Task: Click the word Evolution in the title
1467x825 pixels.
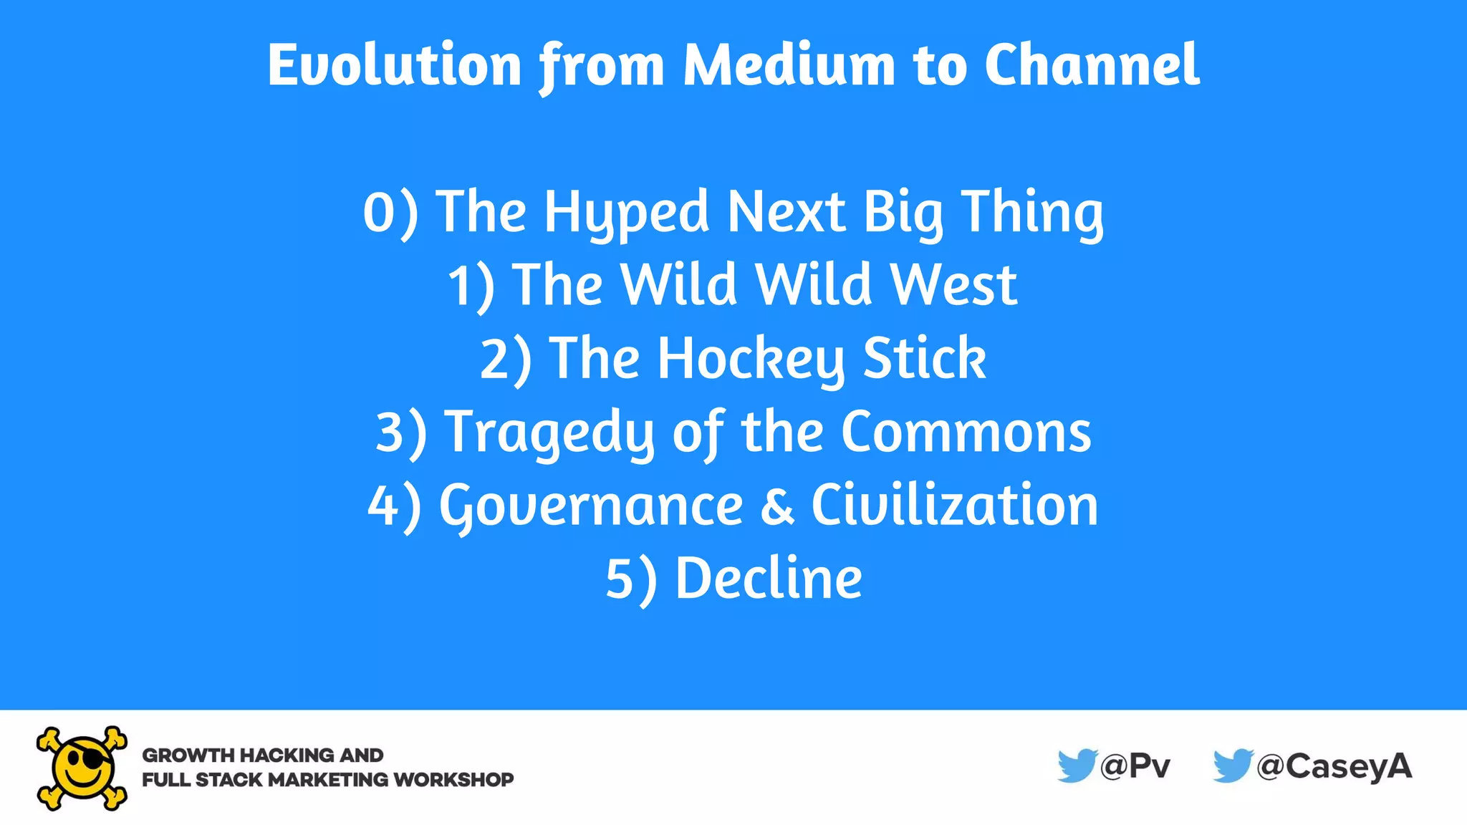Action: pyautogui.click(x=394, y=66)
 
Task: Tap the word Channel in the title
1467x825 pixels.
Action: pyautogui.click(x=1092, y=66)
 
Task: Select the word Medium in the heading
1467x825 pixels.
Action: pyautogui.click(x=789, y=66)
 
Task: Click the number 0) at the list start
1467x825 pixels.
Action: pyautogui.click(x=390, y=213)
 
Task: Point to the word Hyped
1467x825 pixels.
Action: pyautogui.click(x=626, y=213)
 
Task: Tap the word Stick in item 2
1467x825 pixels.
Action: pyautogui.click(x=924, y=359)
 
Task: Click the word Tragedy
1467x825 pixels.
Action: pyautogui.click(x=549, y=433)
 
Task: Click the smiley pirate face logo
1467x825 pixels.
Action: pyautogui.click(x=82, y=768)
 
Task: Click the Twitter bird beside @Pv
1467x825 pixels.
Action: pyautogui.click(x=1077, y=766)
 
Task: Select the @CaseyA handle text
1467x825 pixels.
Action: pyautogui.click(x=1334, y=767)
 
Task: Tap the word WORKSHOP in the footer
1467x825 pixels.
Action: pyautogui.click(x=453, y=780)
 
